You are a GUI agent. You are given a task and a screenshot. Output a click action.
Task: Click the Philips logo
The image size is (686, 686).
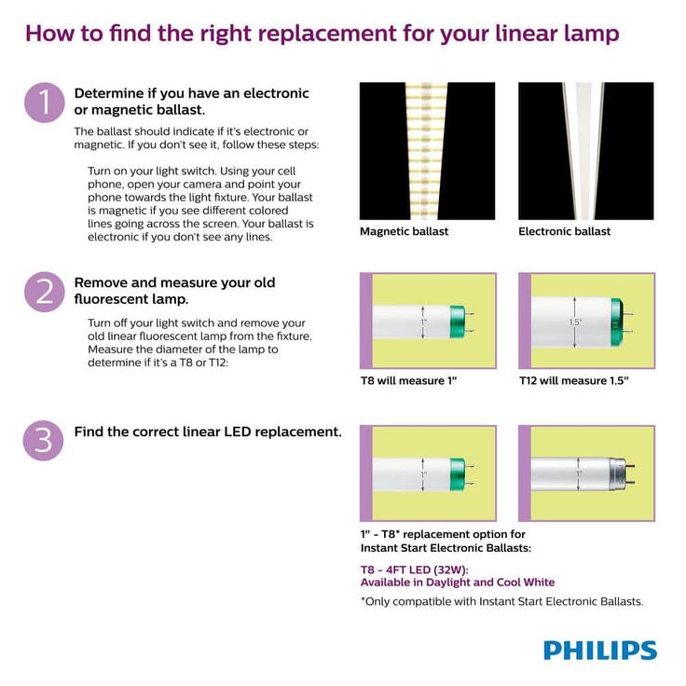coord(600,651)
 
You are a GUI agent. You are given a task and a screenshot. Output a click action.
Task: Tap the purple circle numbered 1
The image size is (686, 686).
coord(45,103)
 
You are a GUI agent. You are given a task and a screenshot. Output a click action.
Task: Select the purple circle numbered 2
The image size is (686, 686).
coord(45,292)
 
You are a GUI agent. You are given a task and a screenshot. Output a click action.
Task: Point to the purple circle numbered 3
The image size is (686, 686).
coord(43,440)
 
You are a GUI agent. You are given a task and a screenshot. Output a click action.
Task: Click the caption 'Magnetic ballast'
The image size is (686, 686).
coord(404,231)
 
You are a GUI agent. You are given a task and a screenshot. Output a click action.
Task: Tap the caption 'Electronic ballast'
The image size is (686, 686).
coord(565,231)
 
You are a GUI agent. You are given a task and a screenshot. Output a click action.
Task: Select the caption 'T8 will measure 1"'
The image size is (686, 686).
coord(408,380)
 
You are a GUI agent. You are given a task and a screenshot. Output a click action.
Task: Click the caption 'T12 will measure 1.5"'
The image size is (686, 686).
coord(574,380)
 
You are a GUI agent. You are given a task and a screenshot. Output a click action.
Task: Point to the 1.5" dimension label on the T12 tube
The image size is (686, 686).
coord(575,322)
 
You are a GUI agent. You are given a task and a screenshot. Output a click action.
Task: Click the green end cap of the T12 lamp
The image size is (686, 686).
coord(617,322)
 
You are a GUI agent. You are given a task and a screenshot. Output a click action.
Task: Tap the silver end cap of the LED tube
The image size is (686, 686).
coord(618,474)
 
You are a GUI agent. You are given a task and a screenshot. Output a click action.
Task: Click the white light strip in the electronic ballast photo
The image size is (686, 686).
coord(584,150)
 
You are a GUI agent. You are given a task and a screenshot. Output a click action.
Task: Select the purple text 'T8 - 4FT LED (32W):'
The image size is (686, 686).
coord(415,569)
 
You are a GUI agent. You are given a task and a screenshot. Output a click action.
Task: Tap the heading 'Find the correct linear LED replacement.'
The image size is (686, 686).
coord(208,432)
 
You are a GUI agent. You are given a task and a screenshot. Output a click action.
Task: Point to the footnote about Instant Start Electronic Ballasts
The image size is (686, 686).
coord(501,601)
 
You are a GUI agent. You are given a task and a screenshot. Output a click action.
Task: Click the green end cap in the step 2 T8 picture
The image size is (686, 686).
coord(458,322)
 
